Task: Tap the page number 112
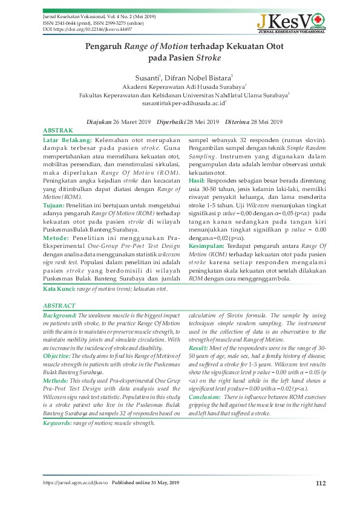tap(321, 482)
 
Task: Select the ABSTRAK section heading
tap(59, 131)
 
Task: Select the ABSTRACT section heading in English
tap(60, 306)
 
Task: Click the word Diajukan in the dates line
tap(101, 122)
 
